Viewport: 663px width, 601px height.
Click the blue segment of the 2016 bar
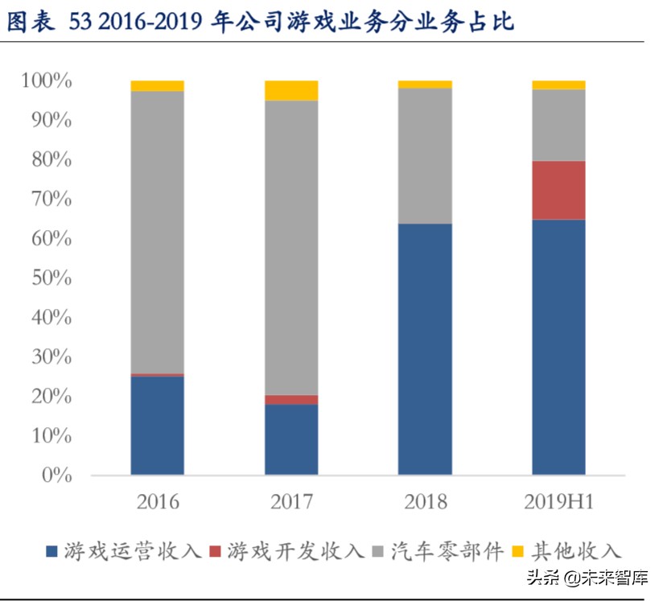(157, 425)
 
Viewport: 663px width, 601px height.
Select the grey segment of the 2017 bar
(291, 248)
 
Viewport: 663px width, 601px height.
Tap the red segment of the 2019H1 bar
(558, 190)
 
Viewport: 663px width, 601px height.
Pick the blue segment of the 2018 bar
(425, 349)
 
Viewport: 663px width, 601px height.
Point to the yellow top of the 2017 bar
(291, 90)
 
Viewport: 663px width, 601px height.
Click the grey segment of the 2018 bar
(425, 155)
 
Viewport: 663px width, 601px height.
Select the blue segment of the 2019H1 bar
(558, 347)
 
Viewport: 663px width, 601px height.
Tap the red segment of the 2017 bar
(291, 400)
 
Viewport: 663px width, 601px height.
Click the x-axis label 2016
(158, 503)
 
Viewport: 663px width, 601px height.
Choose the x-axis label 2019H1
(558, 503)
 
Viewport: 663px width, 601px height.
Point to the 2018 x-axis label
(425, 503)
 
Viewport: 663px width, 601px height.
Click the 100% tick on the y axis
(46, 81)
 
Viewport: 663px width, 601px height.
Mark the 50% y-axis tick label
(50, 278)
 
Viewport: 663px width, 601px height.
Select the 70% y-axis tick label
(50, 200)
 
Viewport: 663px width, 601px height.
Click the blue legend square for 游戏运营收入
(52, 551)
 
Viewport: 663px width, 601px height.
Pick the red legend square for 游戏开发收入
(215, 551)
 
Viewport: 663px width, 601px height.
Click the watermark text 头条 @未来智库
(587, 578)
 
